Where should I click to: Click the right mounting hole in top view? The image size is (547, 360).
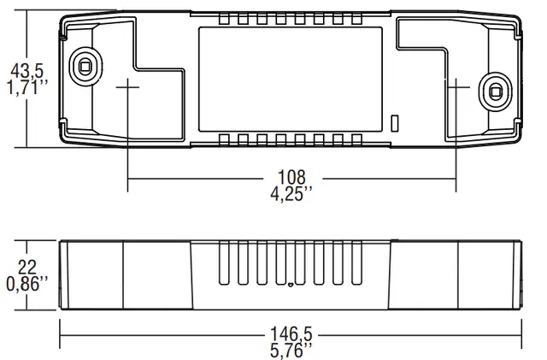494,89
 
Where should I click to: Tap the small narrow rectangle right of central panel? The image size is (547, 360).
393,123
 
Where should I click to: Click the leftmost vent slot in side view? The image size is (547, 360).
225,263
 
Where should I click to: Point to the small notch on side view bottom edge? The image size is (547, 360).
291,286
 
